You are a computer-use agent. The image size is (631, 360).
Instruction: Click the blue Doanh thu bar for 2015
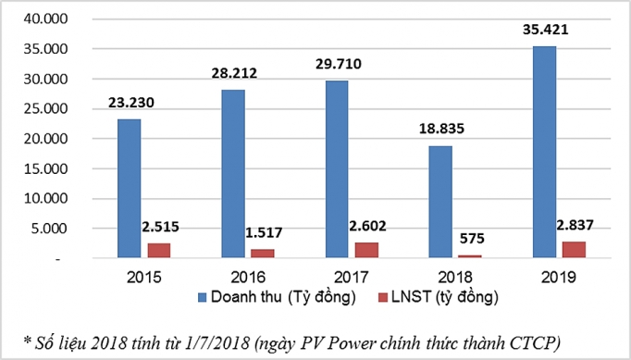[130, 189]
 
